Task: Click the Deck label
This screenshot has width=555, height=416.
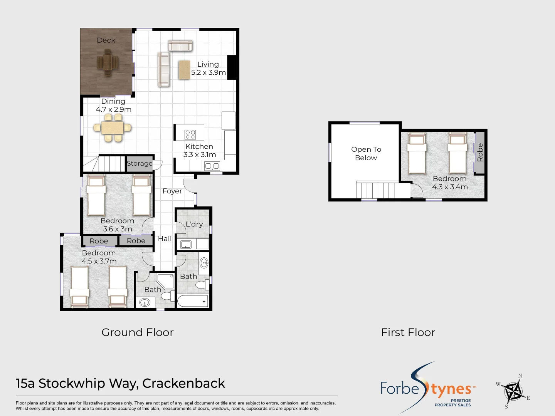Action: pyautogui.click(x=106, y=40)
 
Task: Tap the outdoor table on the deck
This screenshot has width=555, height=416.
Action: pyautogui.click(x=108, y=63)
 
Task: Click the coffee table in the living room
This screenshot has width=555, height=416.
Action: pyautogui.click(x=184, y=70)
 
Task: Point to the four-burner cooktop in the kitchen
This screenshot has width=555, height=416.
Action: pyautogui.click(x=190, y=134)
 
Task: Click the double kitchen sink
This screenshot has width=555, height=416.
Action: pyautogui.click(x=212, y=166)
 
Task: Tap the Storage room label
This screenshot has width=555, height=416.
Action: pyautogui.click(x=140, y=163)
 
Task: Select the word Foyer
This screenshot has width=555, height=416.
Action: pyautogui.click(x=172, y=191)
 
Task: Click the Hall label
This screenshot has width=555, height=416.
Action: pyautogui.click(x=165, y=239)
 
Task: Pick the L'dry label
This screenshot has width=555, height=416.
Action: pyautogui.click(x=194, y=224)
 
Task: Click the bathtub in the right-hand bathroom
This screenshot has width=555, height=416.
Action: pyautogui.click(x=193, y=301)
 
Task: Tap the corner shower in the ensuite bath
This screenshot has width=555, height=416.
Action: pyautogui.click(x=165, y=281)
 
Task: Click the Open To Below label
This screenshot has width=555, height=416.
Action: pyautogui.click(x=366, y=154)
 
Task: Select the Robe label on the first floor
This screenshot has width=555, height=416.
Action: pyautogui.click(x=480, y=152)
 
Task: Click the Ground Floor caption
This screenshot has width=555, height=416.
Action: pyautogui.click(x=138, y=332)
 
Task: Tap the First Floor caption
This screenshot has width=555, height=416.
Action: pyautogui.click(x=408, y=332)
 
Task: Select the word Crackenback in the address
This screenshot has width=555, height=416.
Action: pyautogui.click(x=183, y=383)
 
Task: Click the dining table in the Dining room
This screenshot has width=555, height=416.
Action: pyautogui.click(x=112, y=128)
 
